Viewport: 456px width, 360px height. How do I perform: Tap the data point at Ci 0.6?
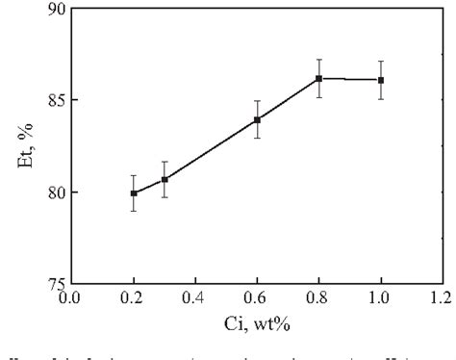[x=257, y=119]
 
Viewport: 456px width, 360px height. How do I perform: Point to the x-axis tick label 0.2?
[x=134, y=297]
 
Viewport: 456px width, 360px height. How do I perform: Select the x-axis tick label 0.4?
[x=195, y=297]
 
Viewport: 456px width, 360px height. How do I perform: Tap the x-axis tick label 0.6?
[x=257, y=297]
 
